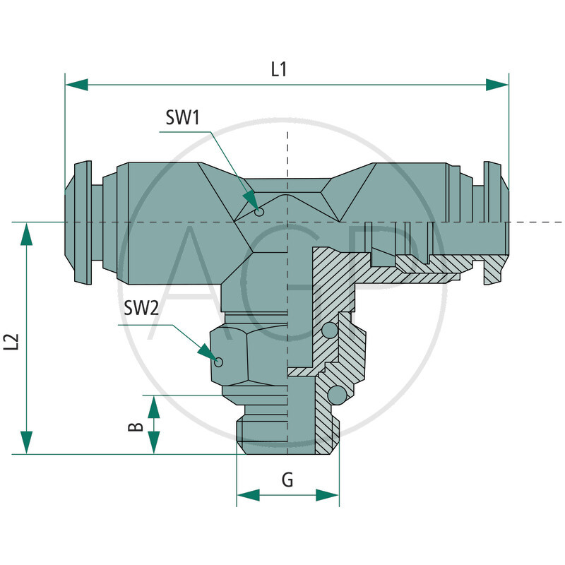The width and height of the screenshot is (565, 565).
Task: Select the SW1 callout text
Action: (x=183, y=118)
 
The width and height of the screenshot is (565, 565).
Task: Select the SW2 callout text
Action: (x=141, y=308)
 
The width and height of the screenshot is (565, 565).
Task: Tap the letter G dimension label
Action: (x=287, y=480)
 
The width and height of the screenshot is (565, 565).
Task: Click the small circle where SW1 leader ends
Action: (x=260, y=212)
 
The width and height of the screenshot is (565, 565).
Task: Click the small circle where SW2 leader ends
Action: (x=219, y=362)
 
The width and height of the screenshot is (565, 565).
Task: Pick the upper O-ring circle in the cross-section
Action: (x=329, y=331)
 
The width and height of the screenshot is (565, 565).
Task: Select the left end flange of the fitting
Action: (x=82, y=222)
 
